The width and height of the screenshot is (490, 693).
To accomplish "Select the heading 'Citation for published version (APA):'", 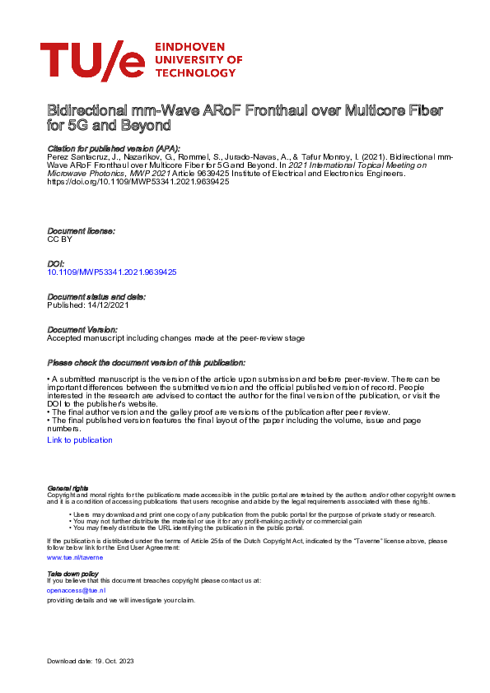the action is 113,148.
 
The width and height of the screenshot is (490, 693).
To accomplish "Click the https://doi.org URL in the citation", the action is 138,181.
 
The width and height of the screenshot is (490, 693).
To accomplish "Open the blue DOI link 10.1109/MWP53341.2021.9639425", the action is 112,271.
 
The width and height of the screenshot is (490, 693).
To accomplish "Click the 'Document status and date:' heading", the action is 96,296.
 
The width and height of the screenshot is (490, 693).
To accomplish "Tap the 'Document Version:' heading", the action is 83,329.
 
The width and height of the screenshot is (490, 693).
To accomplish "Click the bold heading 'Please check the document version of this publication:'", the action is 146,362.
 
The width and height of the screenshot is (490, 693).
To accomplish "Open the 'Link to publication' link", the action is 80,440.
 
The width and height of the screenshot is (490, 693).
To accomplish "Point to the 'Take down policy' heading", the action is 72,573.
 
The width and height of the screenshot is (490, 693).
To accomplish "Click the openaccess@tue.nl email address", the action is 77,590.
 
